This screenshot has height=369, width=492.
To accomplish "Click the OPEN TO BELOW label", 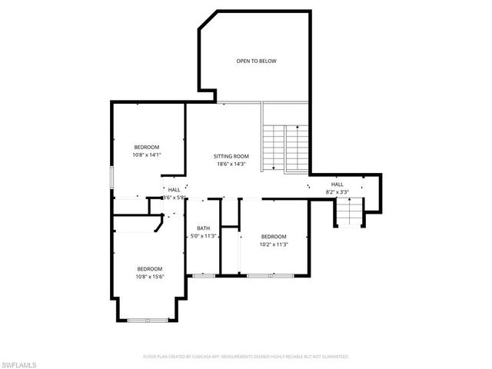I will [x=256, y=61].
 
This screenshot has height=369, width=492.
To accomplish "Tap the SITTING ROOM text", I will [x=231, y=156].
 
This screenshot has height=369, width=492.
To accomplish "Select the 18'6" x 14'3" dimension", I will [x=231, y=164].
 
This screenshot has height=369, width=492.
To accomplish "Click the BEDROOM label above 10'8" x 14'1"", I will [x=147, y=147].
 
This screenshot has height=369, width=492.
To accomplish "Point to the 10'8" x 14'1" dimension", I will [x=147, y=155].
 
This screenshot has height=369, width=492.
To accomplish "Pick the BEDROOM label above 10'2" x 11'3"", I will [x=273, y=236].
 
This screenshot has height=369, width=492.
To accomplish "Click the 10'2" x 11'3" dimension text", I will [x=273, y=244].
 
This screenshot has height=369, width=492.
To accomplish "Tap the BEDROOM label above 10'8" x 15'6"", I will [x=149, y=268].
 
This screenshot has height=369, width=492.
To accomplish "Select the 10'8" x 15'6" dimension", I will [x=149, y=276].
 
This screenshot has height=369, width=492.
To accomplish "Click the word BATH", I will [x=203, y=228].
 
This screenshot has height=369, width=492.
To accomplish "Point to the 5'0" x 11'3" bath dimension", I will [x=204, y=236].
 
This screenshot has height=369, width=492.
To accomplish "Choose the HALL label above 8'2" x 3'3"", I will [x=337, y=184].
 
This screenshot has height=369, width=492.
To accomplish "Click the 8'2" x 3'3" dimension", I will [x=337, y=192].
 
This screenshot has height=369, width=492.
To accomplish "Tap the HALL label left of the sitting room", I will [x=175, y=189].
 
